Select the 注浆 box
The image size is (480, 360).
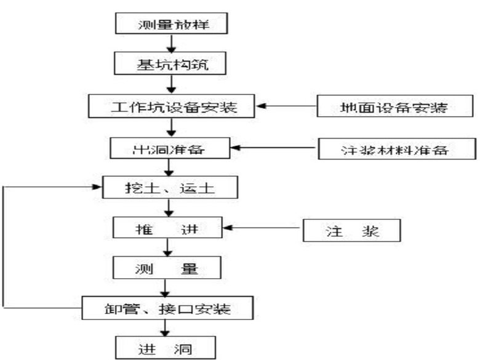(351, 231)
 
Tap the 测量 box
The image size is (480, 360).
(166, 268)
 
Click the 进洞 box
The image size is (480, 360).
(166, 348)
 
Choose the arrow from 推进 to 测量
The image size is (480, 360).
(166, 247)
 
